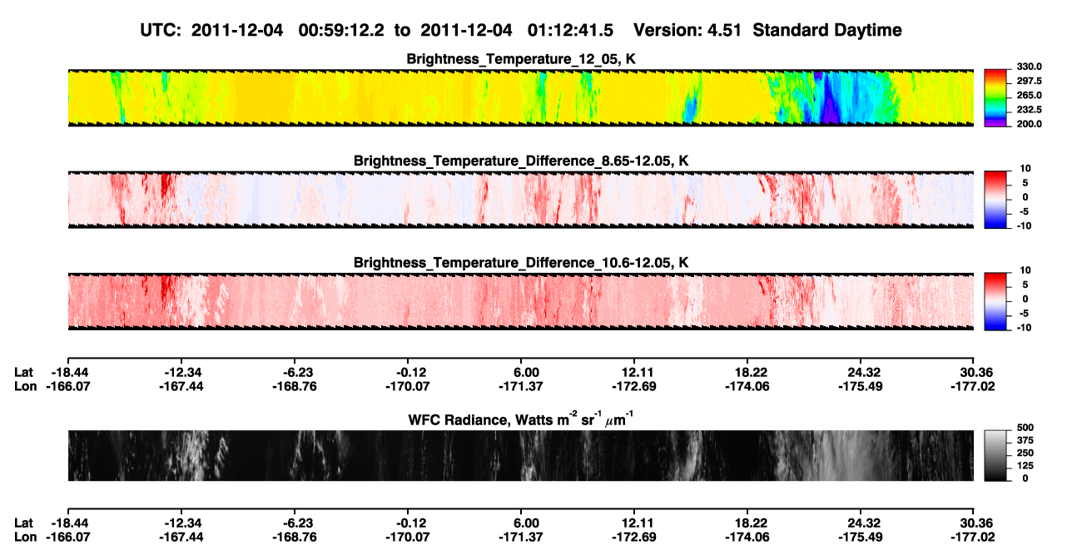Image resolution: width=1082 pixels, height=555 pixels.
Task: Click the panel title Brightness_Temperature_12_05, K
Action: point(521,59)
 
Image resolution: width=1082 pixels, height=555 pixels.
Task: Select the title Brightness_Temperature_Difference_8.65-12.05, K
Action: point(521,161)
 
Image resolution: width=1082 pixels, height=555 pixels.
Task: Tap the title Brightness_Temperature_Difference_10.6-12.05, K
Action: point(521,263)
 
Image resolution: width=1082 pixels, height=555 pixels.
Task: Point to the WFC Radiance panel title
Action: point(521,419)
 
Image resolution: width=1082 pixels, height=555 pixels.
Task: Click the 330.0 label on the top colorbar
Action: point(1029,67)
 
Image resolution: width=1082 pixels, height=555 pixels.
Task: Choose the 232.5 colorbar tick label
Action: point(1029,110)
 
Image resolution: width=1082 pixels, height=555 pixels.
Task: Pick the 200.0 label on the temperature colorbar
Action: point(1029,124)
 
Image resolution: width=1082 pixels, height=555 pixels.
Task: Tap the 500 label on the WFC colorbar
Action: point(1025,428)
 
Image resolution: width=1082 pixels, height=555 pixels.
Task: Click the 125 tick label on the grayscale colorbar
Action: point(1025,466)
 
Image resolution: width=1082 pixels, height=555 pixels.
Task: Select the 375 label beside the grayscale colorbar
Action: point(1025,440)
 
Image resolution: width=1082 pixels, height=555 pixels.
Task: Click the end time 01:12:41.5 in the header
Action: point(570,30)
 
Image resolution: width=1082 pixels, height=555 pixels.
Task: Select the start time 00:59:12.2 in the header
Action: point(341,30)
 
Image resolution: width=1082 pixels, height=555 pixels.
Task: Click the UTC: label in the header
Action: point(161,30)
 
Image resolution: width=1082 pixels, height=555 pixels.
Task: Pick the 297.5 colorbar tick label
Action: point(1029,82)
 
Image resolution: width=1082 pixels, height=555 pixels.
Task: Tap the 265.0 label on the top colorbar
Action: point(1029,96)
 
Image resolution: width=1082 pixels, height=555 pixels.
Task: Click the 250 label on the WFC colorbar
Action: point(1025,453)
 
